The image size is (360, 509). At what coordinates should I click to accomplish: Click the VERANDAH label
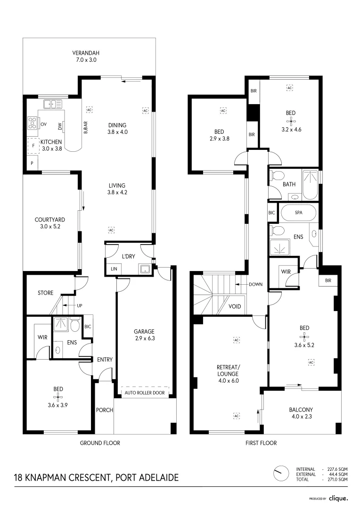[x=85, y=53]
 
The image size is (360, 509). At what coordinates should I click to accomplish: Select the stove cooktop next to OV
[x=33, y=123]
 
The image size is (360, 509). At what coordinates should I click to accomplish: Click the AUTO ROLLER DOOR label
[x=145, y=393]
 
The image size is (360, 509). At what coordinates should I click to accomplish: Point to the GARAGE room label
[x=144, y=332]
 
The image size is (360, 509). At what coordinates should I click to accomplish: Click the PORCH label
[x=104, y=410]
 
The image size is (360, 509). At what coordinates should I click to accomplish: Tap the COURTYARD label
[x=49, y=220]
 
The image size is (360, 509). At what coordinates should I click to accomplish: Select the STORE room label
[x=46, y=293]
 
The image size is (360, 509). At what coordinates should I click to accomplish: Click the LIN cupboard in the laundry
[x=114, y=269]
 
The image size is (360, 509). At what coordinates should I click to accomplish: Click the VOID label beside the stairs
[x=235, y=306]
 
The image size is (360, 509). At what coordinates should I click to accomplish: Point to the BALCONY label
[x=301, y=410]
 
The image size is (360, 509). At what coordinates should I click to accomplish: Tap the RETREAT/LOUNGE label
[x=228, y=370]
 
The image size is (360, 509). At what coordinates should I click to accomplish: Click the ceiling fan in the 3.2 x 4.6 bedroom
[x=290, y=121]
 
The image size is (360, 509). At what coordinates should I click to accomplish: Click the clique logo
[x=338, y=498]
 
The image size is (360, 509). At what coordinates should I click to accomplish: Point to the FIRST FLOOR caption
[x=261, y=443]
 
